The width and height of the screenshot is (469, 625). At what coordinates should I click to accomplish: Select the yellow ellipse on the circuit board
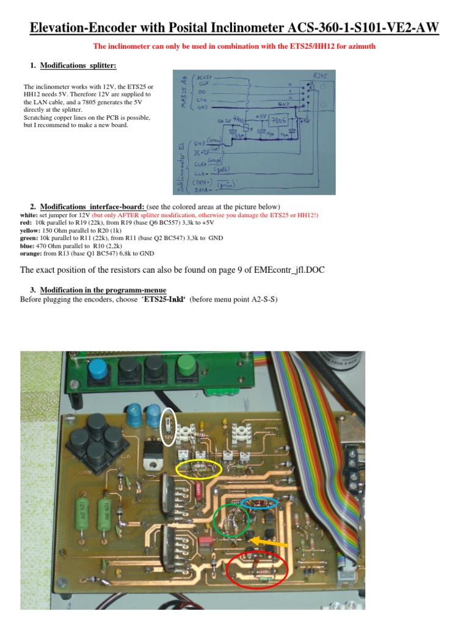click(x=198, y=469)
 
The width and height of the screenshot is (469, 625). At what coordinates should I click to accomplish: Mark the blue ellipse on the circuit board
click(x=260, y=502)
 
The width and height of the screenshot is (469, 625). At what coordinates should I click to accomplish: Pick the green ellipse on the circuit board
click(x=231, y=519)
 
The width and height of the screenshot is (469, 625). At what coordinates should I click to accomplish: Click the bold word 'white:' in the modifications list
click(x=29, y=215)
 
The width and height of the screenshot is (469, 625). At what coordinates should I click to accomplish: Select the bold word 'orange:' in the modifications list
click(x=32, y=253)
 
